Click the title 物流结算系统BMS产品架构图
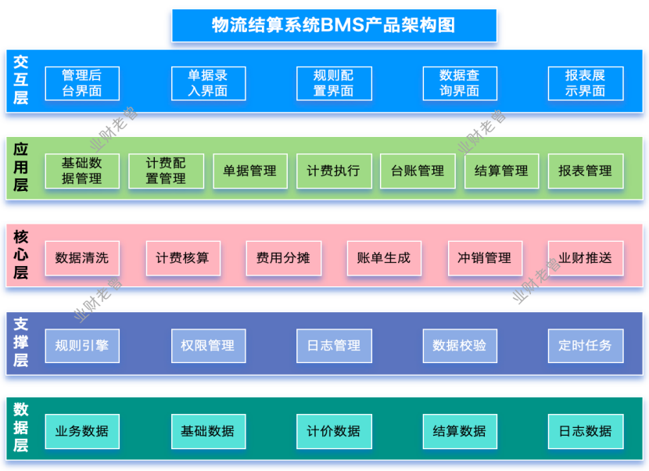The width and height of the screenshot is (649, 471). (x=334, y=25)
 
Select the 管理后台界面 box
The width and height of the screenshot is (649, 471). (x=82, y=83)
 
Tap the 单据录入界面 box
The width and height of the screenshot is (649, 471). (x=208, y=83)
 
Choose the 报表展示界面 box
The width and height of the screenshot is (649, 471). (x=586, y=83)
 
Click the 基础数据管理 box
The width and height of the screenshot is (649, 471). (x=82, y=171)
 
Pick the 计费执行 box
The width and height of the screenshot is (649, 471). (x=334, y=171)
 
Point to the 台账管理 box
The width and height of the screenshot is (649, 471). (x=418, y=171)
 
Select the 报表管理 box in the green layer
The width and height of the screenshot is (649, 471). (x=586, y=171)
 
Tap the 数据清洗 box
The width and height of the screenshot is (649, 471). (x=82, y=258)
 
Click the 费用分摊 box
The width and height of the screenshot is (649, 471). (x=283, y=258)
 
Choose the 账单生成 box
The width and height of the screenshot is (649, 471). (x=384, y=258)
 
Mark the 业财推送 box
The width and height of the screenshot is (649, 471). (x=586, y=258)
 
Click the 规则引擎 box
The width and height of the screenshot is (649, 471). (x=82, y=345)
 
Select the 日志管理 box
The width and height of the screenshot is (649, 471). (x=334, y=345)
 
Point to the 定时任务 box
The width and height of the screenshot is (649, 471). (x=586, y=345)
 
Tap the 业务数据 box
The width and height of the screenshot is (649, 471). (x=82, y=431)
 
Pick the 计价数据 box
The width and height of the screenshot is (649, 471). (x=334, y=431)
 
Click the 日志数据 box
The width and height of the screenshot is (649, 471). (x=586, y=431)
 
